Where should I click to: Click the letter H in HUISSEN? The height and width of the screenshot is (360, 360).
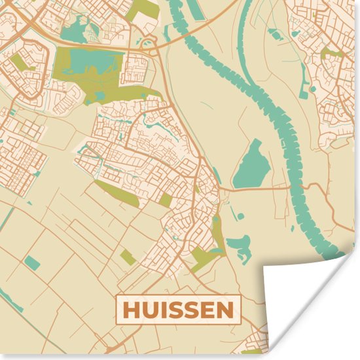(x=130, y=310)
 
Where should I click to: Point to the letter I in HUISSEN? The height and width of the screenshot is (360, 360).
(x=162, y=310)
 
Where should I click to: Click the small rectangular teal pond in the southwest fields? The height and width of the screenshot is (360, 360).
(x=31, y=263)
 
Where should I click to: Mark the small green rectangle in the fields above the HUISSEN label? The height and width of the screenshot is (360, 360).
(x=128, y=257)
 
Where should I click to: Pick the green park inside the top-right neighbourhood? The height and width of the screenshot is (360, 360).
(x=333, y=53)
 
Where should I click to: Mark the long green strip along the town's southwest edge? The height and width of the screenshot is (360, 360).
(x=118, y=193)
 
